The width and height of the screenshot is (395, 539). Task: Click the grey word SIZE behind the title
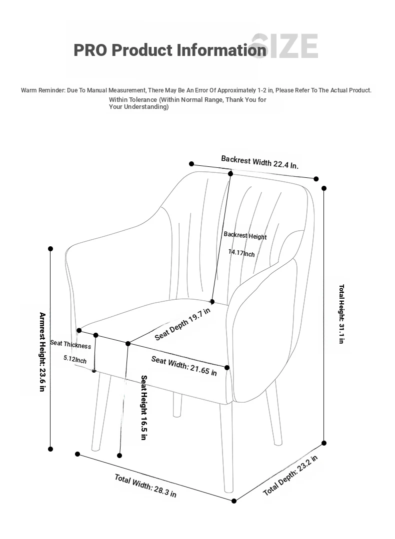pos(285,46)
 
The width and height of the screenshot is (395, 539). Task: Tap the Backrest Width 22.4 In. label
pos(259,162)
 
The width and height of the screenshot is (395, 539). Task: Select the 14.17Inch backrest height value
pos(241,253)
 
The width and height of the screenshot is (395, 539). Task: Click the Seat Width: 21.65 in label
pos(184,366)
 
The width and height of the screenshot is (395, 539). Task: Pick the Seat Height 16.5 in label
pos(143,408)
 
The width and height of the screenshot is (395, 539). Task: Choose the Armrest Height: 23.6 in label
pos(42,352)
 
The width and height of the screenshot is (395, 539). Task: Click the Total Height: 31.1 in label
pos(341,314)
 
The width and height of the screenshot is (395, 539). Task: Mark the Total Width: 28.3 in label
pos(145,486)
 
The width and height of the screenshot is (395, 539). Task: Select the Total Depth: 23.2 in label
pos(290,476)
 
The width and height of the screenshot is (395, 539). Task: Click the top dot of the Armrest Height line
pos(50,249)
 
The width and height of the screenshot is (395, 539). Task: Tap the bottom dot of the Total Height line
pos(324,443)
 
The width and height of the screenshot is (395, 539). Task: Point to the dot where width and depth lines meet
pos(234,501)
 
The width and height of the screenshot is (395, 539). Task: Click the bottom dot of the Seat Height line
pos(119,456)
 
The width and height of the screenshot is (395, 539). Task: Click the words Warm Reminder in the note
pos(42,90)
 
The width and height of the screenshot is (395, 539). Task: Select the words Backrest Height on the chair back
pos(245,235)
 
